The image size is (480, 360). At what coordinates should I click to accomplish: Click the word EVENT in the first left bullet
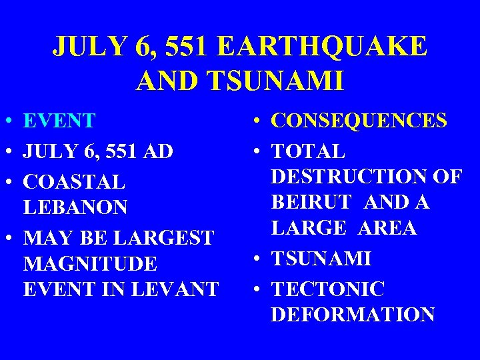(x=59, y=121)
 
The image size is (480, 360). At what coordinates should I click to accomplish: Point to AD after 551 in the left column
(x=159, y=151)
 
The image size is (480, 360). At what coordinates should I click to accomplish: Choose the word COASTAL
(x=74, y=182)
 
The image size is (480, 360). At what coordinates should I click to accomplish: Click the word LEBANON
(x=75, y=207)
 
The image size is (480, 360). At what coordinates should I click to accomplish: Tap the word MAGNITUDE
(x=90, y=264)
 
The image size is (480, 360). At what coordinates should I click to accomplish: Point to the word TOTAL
(x=308, y=151)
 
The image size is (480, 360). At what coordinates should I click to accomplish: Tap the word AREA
(x=387, y=228)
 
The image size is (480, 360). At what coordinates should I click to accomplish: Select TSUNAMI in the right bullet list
(x=321, y=259)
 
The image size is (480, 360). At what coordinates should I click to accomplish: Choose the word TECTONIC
(x=327, y=289)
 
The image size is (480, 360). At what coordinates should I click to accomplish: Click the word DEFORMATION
(x=353, y=315)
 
